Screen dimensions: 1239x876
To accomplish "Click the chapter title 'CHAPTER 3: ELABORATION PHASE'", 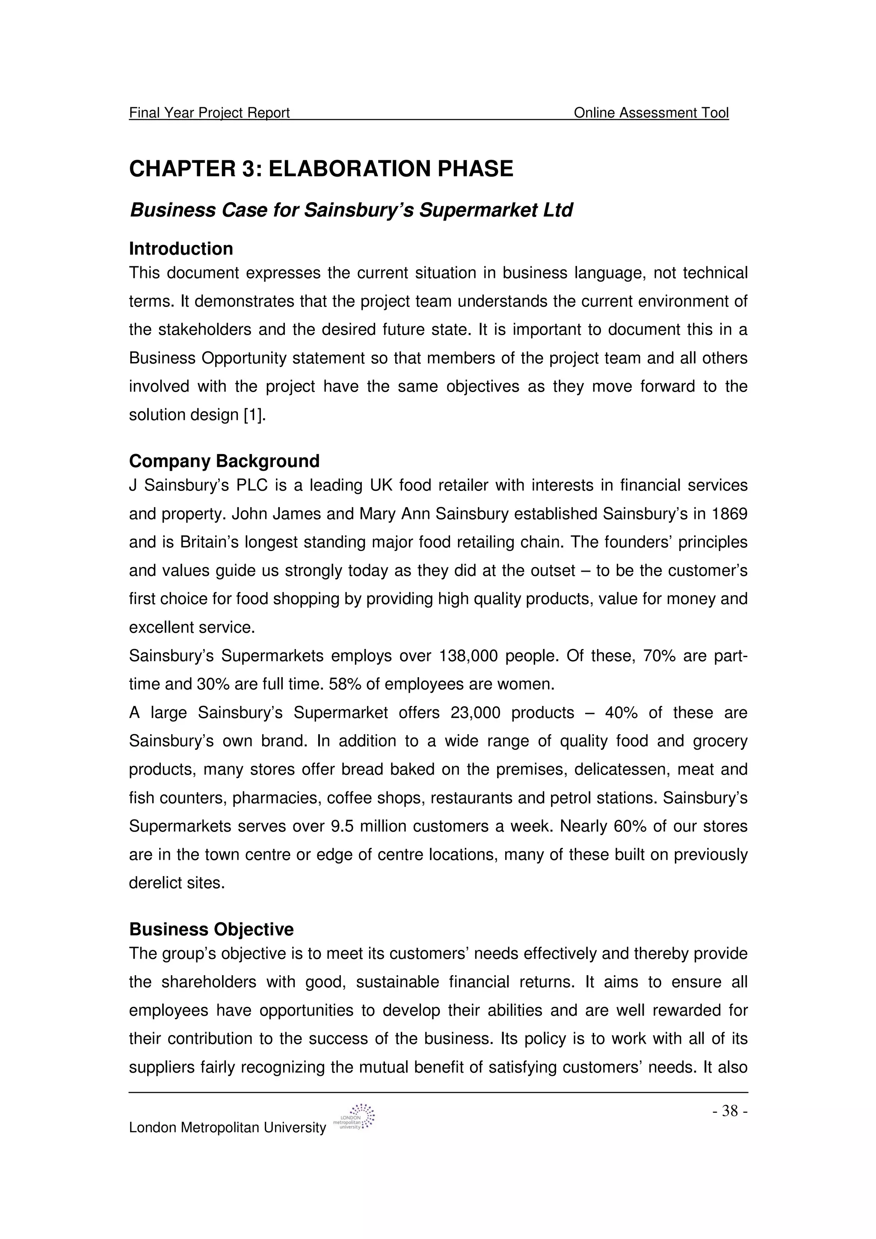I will [321, 169].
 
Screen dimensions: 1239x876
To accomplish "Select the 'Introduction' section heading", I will [181, 249].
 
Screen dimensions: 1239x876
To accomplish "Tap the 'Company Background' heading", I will [224, 461].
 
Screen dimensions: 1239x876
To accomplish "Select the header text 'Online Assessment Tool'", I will [651, 113].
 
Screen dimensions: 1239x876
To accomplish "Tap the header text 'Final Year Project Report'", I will [210, 113].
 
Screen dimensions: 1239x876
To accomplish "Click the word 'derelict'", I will [153, 883].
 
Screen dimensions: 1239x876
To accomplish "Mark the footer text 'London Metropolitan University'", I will [227, 1128].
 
